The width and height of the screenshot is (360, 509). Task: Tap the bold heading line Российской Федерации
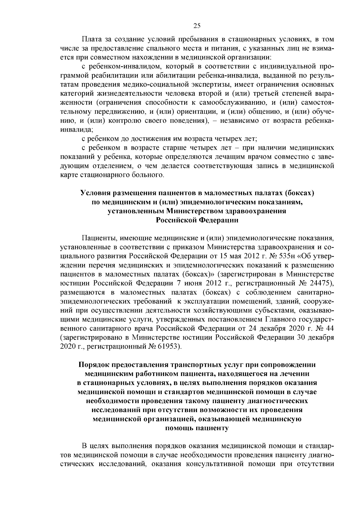point(197,220)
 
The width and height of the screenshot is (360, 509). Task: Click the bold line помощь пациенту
point(197,428)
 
